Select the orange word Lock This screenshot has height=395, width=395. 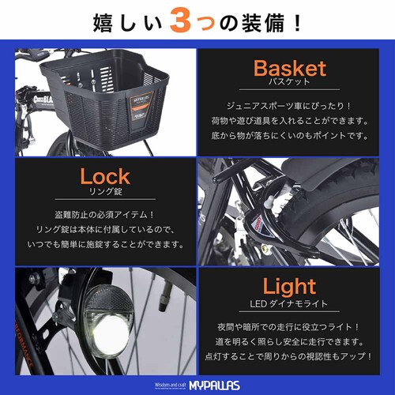(104, 175)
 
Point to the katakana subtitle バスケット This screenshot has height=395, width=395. (289, 83)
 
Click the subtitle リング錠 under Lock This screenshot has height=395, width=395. (104, 192)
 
